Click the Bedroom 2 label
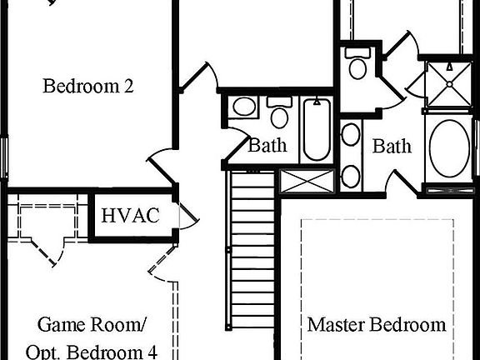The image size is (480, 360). (88, 86)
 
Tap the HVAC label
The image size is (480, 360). (130, 216)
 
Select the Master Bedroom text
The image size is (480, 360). (377, 324)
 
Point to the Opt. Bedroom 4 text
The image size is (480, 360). (97, 351)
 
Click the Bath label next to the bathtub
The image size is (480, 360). (267, 146)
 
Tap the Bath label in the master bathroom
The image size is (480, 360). (392, 147)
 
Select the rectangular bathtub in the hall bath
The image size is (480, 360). (317, 130)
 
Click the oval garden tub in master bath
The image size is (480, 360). (451, 147)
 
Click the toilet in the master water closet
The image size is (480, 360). (357, 66)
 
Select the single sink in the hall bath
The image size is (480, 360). (243, 107)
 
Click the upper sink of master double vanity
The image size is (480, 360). (351, 135)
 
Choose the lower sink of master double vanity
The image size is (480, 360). (351, 175)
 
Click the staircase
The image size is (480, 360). (252, 250)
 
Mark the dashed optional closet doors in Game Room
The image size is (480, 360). (46, 237)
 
